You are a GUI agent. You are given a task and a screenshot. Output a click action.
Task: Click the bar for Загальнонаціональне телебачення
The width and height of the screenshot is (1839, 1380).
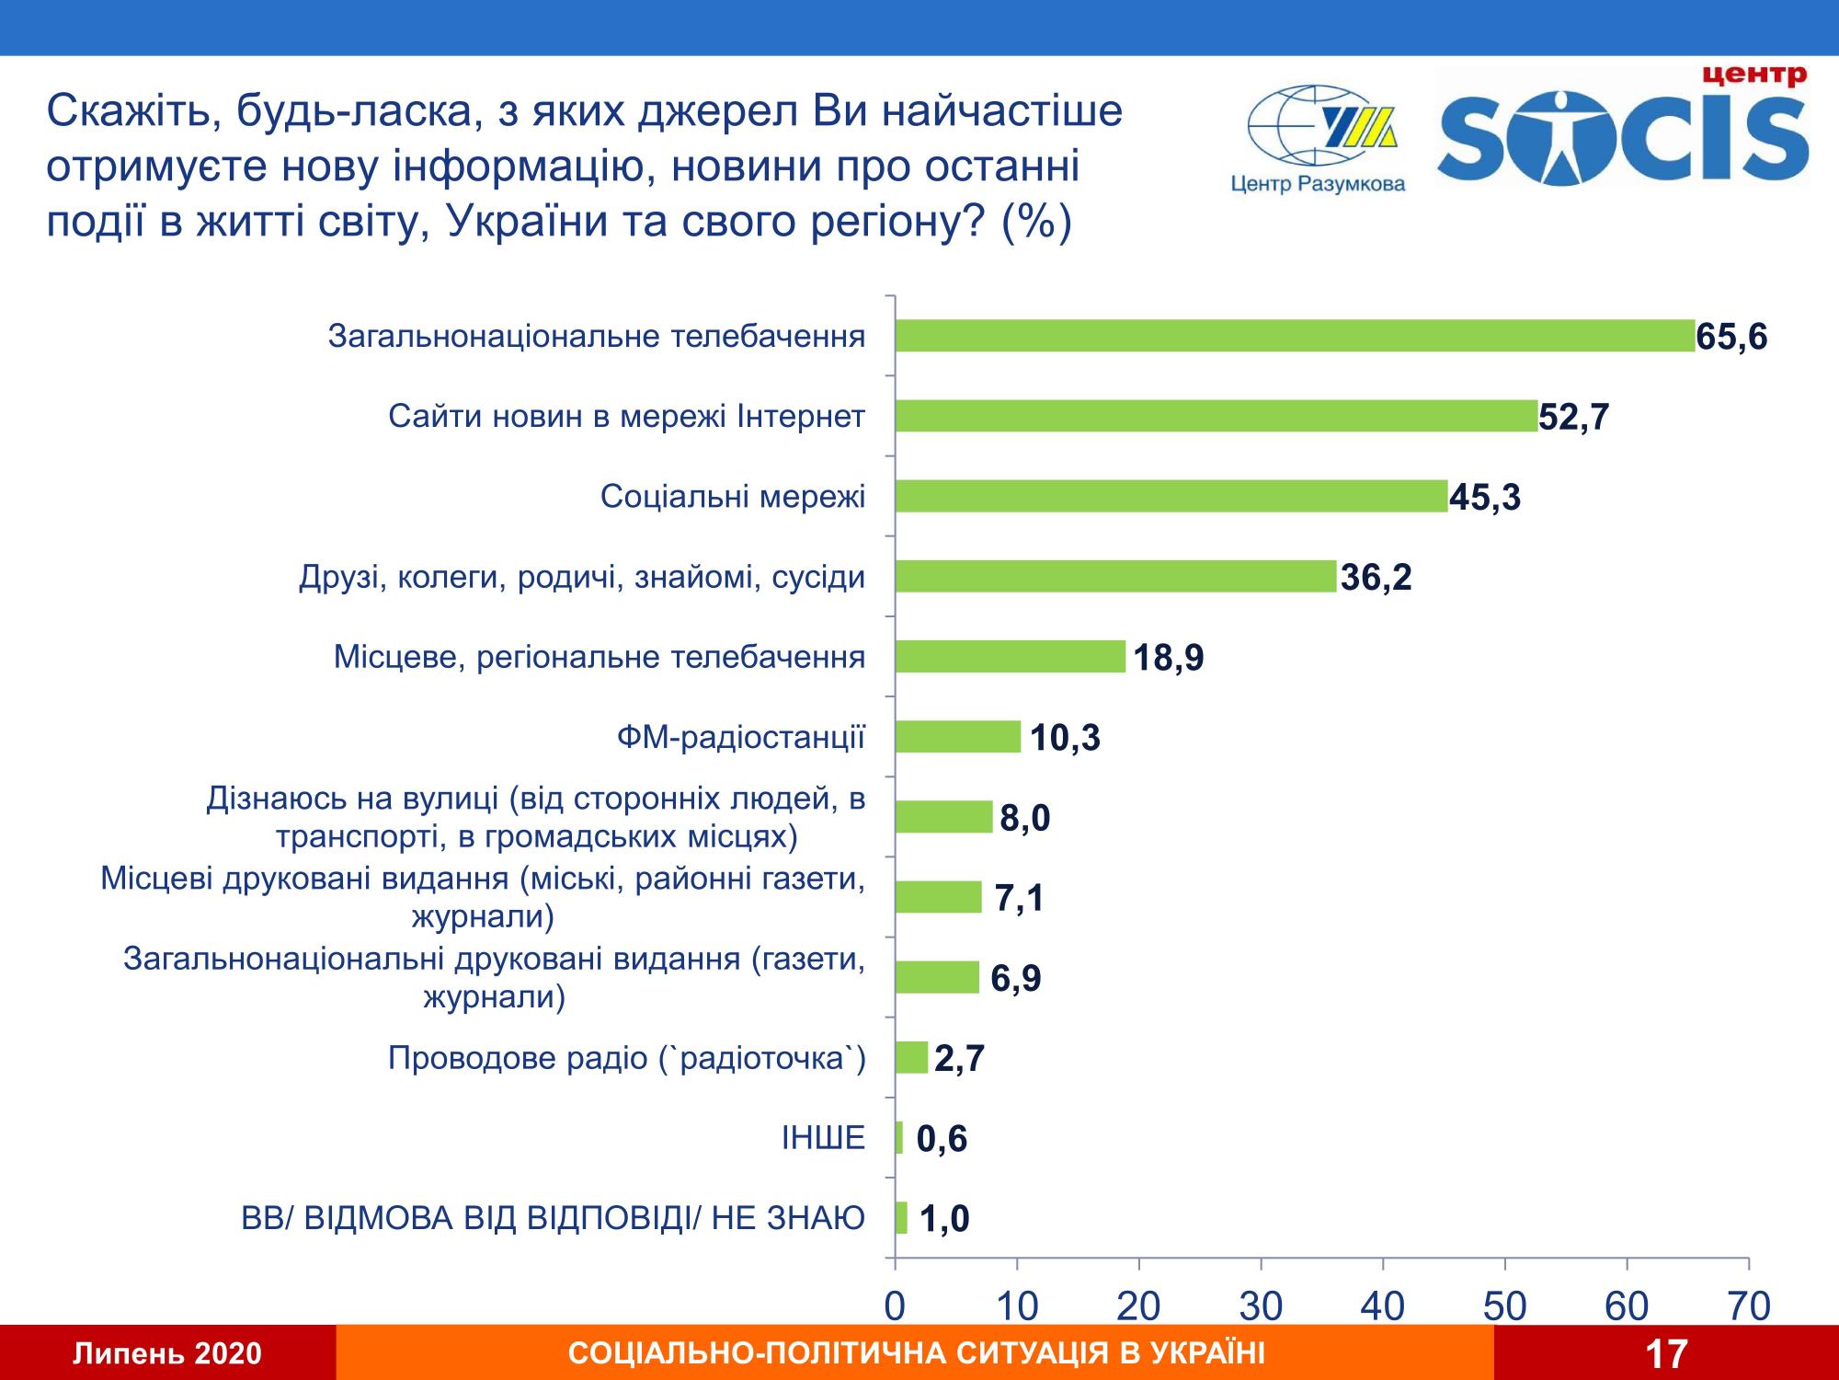pos(1295,336)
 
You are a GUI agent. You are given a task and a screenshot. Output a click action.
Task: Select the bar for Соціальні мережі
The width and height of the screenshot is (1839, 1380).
pos(1171,496)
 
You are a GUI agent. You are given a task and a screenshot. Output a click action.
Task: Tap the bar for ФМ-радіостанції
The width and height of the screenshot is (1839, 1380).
pos(957,737)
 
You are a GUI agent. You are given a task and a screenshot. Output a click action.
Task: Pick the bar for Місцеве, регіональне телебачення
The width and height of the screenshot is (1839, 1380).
pos(1010,657)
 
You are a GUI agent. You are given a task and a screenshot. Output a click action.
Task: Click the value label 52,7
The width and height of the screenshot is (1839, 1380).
pos(1574,418)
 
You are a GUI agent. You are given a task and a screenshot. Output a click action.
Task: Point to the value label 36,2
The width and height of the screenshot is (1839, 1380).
pos(1376,579)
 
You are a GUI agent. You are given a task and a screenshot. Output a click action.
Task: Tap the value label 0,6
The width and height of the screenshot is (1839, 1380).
pos(942,1140)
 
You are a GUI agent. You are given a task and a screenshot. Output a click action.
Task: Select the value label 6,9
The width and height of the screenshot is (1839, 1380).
pos(1015,979)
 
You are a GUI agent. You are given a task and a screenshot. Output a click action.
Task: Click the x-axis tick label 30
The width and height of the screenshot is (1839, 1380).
pos(1261,1306)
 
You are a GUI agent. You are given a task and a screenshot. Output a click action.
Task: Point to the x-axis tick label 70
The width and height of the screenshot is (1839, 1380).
pos(1749,1306)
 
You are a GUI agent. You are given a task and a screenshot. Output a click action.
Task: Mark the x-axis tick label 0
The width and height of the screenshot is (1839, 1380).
pos(895,1306)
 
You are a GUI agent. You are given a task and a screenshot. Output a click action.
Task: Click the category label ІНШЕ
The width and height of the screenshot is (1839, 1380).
pos(823,1139)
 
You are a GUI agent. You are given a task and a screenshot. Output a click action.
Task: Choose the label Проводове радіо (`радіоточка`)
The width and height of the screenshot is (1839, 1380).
pos(626,1059)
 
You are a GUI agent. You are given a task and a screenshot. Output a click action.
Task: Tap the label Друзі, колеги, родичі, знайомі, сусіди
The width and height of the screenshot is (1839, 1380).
pos(582,578)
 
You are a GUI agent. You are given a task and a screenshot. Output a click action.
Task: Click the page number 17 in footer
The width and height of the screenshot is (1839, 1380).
pos(1665,1354)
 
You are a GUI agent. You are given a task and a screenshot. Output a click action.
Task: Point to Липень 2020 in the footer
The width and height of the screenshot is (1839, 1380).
pos(167,1354)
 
